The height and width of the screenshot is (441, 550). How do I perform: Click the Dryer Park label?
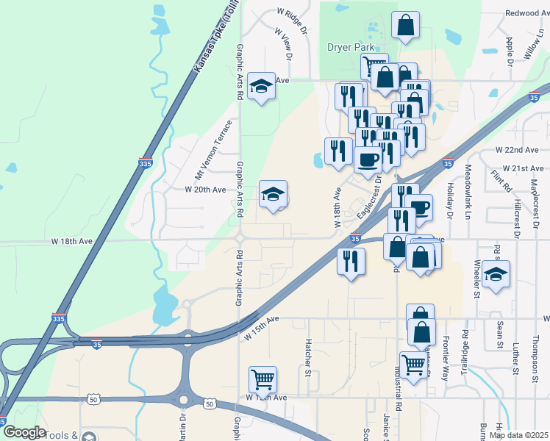351,47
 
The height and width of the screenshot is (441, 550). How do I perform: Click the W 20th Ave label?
205,190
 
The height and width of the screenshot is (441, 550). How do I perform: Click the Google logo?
24,431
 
